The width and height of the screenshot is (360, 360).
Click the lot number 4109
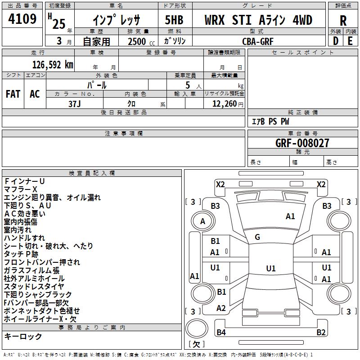click(22, 19)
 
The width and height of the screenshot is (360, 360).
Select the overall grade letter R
click(343, 21)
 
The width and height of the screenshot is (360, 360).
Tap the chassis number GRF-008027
click(302, 143)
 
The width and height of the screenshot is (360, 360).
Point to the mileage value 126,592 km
click(53, 65)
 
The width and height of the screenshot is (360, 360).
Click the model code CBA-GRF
click(258, 41)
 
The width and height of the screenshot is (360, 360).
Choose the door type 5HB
click(174, 20)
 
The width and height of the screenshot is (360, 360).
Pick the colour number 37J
click(75, 104)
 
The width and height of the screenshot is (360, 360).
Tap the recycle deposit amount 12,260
click(225, 104)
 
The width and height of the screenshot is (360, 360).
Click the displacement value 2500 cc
click(141, 42)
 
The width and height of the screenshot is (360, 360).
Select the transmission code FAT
click(13, 94)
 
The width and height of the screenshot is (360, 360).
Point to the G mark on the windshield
click(257, 237)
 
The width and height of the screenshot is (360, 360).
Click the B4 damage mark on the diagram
click(221, 332)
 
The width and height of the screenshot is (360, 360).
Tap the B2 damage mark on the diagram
click(321, 332)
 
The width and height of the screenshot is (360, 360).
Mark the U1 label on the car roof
click(271, 268)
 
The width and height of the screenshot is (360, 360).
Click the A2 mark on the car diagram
click(221, 308)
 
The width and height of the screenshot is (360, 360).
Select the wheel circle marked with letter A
click(203, 221)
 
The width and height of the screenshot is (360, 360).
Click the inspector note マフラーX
click(20, 189)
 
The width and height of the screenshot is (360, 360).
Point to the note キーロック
click(23, 337)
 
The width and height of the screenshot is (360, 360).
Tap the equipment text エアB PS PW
click(270, 121)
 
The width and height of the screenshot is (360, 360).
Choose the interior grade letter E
click(350, 41)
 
